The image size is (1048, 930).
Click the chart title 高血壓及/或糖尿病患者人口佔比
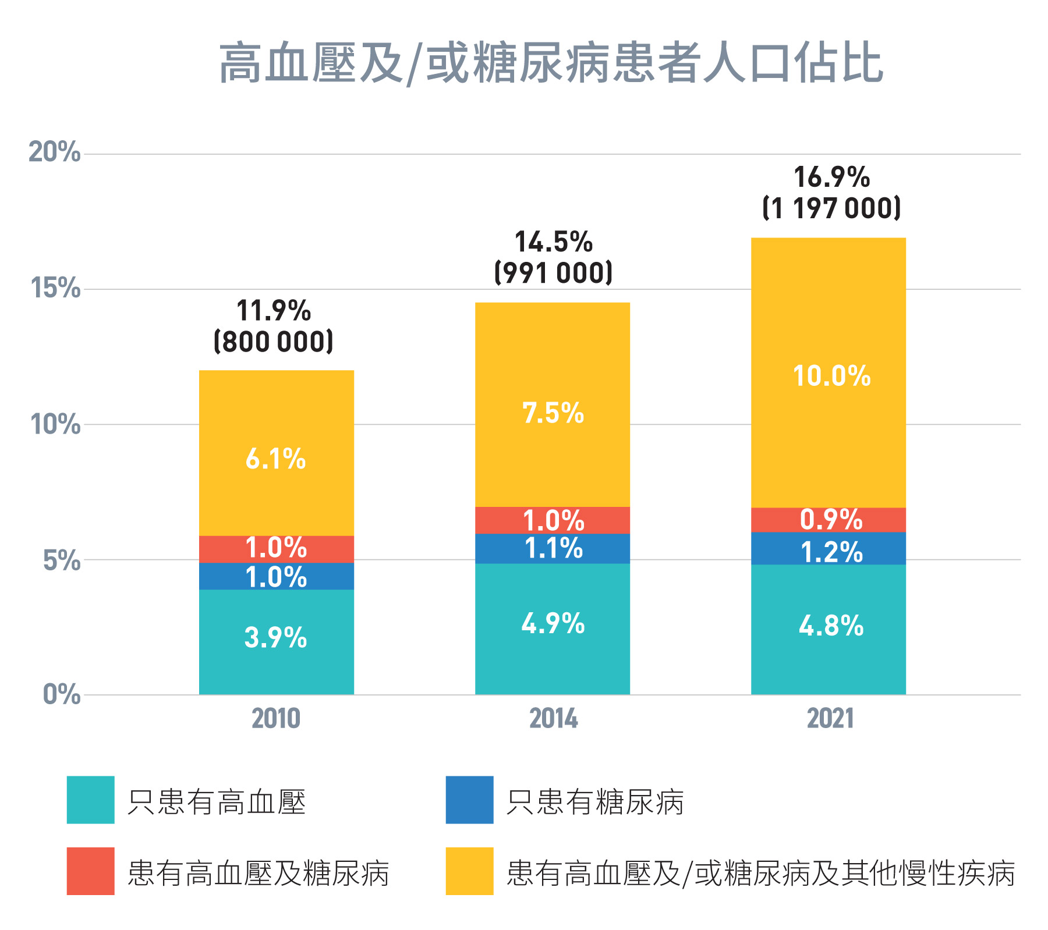(551, 63)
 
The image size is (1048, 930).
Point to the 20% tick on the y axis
(54, 152)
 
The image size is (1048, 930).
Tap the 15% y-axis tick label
(54, 288)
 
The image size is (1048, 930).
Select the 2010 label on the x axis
(276, 719)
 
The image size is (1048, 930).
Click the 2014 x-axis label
(553, 719)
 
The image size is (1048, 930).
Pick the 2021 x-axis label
(830, 719)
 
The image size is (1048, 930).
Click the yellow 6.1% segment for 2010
(276, 460)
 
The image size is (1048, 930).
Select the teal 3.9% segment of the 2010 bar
(276, 638)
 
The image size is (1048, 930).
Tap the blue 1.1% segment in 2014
(553, 549)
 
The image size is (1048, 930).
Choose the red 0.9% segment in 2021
(830, 520)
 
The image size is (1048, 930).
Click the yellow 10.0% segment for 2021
(830, 376)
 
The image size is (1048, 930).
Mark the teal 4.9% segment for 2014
(553, 624)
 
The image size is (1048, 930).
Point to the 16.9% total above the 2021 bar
(831, 178)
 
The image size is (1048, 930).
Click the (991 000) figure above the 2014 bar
(553, 273)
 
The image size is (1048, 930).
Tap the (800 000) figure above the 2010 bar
(274, 342)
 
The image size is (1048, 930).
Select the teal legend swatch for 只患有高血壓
(90, 800)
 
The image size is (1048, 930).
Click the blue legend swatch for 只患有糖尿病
(469, 800)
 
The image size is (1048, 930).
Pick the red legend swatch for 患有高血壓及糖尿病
(90, 871)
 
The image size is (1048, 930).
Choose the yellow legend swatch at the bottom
(469, 871)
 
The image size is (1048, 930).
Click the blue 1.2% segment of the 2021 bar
(830, 552)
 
